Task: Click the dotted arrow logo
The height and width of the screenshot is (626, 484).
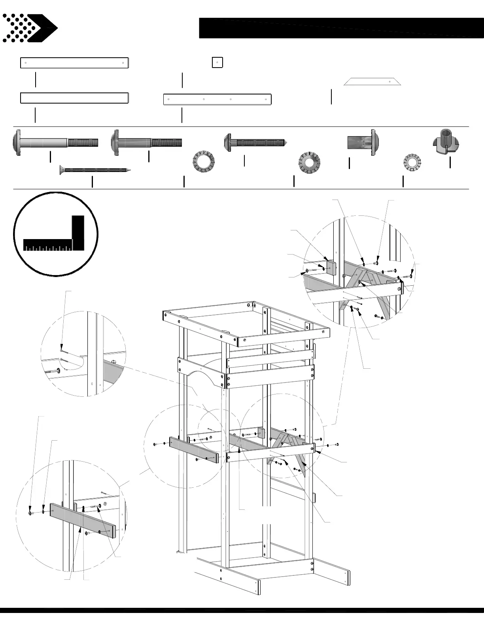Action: click(x=30, y=28)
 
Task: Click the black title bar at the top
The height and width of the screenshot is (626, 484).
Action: click(x=341, y=28)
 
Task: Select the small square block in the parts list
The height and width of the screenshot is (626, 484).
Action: click(x=217, y=62)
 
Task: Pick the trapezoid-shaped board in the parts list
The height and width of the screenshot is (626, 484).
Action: click(x=372, y=81)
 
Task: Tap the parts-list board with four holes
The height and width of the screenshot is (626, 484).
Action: click(x=217, y=99)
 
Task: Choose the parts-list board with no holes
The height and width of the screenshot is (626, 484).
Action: click(x=74, y=98)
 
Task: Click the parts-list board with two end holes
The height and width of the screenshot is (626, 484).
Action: click(x=74, y=63)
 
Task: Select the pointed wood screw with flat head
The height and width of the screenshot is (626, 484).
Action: click(x=95, y=170)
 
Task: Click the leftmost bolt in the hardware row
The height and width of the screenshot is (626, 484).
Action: click(x=55, y=142)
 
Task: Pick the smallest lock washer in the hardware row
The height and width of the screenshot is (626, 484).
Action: click(x=412, y=162)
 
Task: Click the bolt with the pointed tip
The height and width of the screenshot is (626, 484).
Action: click(x=255, y=142)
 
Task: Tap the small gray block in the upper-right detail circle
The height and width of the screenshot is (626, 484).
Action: click(x=331, y=268)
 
